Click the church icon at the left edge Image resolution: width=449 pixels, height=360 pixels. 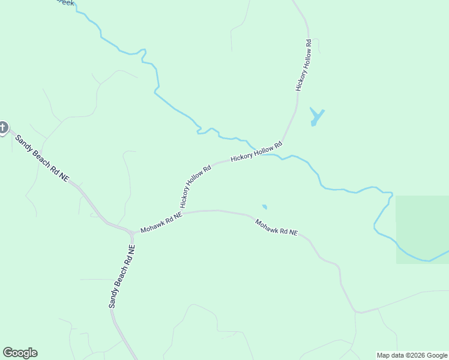click(3, 127)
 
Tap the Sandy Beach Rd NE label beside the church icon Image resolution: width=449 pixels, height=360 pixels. click(42, 158)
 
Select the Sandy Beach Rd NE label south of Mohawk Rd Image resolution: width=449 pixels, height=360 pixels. click(122, 277)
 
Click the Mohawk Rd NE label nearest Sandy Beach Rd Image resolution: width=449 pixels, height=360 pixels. click(160, 221)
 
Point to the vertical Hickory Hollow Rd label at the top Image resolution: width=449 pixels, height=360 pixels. click(303, 65)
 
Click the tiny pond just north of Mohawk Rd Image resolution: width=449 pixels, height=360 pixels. click(264, 208)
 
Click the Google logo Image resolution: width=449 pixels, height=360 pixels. click(20, 353)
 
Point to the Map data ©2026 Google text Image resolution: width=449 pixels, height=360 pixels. click(412, 355)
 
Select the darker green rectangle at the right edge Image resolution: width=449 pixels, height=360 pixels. click(422, 229)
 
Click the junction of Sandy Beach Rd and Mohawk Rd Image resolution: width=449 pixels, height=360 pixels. click(131, 232)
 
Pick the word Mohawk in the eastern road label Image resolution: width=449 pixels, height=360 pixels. click(265, 224)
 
